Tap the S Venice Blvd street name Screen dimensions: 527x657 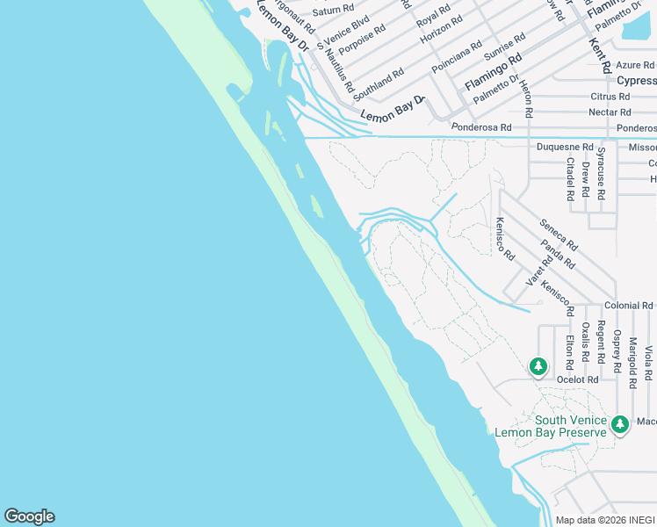click(343, 30)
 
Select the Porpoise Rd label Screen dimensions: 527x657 click(362, 40)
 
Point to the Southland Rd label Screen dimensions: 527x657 click(379, 84)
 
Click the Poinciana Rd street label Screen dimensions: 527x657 click(457, 56)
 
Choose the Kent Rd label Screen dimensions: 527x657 click(600, 54)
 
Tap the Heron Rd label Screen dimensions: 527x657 click(525, 98)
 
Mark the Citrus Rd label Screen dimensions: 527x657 click(610, 97)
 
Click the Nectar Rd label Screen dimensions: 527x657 click(611, 112)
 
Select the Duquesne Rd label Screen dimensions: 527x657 click(565, 148)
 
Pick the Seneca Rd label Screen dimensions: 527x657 click(559, 234)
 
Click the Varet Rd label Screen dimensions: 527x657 click(534, 270)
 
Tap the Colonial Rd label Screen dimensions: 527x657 click(629, 306)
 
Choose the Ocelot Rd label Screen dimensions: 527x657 click(578, 379)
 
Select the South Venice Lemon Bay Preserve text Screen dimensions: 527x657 click(551, 426)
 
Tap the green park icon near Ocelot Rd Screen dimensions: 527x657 click(538, 365)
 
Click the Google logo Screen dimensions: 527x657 click(29, 516)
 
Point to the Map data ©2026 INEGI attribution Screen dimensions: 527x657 click(605, 520)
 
